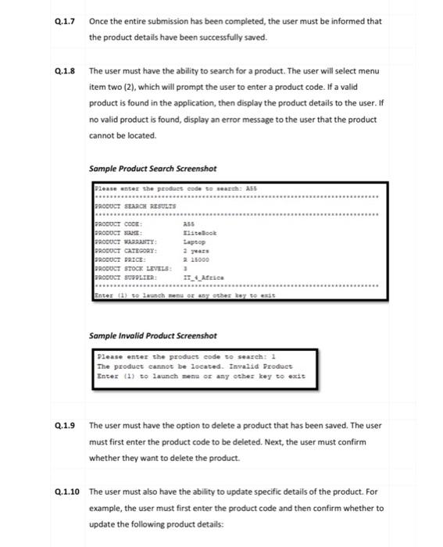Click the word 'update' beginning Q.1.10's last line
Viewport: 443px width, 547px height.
pyautogui.click(x=102, y=524)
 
